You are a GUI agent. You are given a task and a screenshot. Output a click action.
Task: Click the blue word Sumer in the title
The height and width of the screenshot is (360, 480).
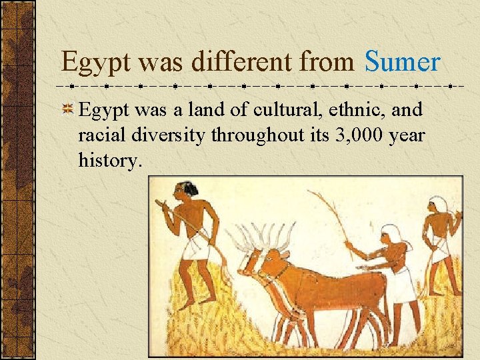402,63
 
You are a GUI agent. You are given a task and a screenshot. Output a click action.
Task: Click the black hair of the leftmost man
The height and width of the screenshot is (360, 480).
187,191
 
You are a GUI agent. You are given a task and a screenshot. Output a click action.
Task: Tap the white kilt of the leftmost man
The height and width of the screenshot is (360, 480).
195,249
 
